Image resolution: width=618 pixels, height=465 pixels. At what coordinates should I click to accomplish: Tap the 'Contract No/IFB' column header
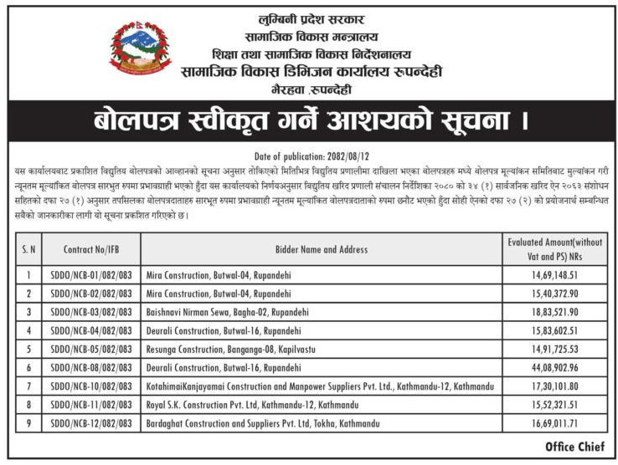(x=96, y=249)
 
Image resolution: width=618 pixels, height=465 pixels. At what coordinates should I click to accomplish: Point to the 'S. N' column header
(x=28, y=249)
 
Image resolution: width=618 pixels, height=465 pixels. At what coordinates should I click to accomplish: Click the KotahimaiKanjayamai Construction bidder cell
(x=319, y=386)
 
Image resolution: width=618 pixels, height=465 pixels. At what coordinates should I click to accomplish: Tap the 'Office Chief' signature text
(x=574, y=447)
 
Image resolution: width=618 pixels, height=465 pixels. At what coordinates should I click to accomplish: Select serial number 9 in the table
(x=28, y=424)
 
